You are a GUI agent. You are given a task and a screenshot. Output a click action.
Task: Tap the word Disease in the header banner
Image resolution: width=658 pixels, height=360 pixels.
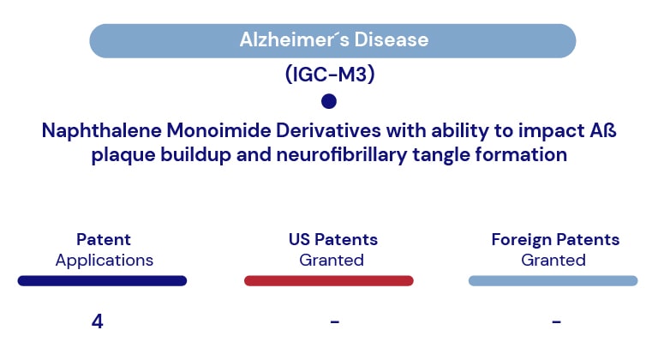coord(392,40)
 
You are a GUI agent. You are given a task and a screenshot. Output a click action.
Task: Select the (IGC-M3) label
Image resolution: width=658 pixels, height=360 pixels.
coord(330,75)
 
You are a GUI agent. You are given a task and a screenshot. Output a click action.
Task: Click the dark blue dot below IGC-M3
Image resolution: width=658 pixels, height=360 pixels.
coord(329,101)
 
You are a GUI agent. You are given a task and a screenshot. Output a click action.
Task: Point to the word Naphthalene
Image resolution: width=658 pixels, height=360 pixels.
coord(102,130)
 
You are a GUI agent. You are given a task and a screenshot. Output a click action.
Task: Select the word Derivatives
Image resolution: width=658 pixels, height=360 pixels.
coord(329,130)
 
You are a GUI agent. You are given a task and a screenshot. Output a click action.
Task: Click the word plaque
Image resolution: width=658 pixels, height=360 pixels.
coord(123,155)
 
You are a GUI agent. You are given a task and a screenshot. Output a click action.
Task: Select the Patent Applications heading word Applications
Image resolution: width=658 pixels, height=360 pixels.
coord(105,261)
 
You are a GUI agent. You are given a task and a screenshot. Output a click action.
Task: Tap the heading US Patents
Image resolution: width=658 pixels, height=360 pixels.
coord(333,239)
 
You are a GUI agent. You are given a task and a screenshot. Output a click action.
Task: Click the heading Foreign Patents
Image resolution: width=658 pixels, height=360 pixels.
coord(555,240)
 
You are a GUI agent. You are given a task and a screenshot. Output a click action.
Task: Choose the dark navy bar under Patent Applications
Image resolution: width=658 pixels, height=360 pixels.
coord(103,280)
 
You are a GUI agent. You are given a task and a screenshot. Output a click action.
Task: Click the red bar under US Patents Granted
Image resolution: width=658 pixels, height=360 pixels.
coord(329,280)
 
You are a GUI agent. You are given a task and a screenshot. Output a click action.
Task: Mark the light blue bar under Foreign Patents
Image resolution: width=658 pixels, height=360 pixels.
coord(553,280)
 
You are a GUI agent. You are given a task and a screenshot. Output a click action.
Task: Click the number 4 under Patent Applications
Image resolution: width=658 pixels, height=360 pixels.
coord(98,321)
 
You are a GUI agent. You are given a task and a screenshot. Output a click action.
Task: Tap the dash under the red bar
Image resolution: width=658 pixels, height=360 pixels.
coord(335,322)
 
